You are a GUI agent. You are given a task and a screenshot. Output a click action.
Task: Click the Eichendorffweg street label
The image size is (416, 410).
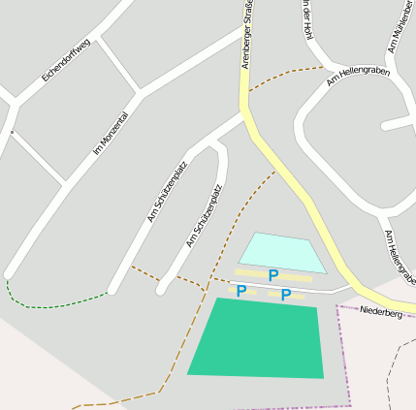pyautogui.click(x=66, y=60)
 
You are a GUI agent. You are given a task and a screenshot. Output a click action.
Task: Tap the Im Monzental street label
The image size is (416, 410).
pyautogui.click(x=111, y=134)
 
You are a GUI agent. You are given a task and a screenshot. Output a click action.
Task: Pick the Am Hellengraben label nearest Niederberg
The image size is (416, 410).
pyautogui.click(x=399, y=258)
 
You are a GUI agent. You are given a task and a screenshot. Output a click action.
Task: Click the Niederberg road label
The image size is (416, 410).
pyautogui.click(x=380, y=313)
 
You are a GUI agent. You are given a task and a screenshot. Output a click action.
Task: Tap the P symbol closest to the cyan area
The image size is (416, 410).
pyautogui.click(x=273, y=276)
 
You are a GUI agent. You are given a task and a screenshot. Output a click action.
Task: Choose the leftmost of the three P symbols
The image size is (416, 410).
pyautogui.click(x=241, y=291)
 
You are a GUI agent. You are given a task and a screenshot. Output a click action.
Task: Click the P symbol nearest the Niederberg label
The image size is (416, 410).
pyautogui.click(x=286, y=295)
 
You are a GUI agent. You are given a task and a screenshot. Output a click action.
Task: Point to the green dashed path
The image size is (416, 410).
pyautogui.click(x=58, y=304)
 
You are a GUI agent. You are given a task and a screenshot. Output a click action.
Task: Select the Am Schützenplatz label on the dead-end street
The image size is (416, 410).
pyautogui.click(x=205, y=215)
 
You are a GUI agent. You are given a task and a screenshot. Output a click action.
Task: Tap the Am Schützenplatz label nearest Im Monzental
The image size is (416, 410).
pyautogui.click(x=167, y=192)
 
